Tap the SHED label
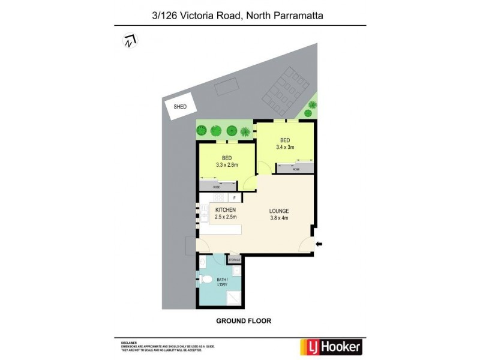tap(180, 106)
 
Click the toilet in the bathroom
tap(206, 279)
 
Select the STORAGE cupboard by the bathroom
tap(234, 259)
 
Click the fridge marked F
tap(235, 197)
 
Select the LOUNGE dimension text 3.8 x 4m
tap(280, 218)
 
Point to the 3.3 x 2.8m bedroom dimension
tap(227, 164)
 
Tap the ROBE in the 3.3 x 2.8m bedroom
tap(217, 187)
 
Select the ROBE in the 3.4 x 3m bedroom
tap(295, 170)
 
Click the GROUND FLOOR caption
tap(244, 321)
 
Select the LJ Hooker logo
tap(331, 347)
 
